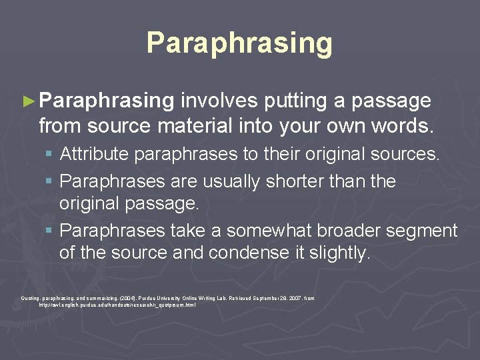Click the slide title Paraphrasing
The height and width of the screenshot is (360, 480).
239,43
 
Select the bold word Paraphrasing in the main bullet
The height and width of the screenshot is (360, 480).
107,101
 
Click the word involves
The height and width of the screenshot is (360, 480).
219,101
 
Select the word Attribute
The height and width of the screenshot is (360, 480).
95,155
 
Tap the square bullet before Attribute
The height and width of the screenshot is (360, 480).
51,155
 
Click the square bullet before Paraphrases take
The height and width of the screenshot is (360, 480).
51,231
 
